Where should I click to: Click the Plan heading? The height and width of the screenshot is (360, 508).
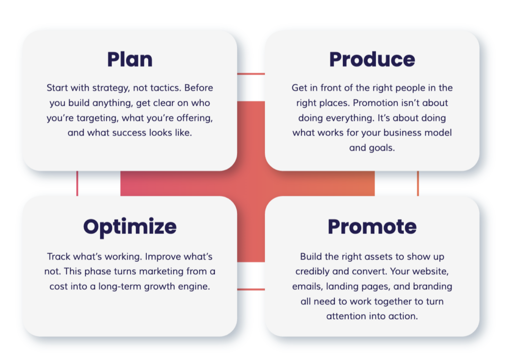point(130,60)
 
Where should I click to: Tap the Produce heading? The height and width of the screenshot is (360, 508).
point(372,60)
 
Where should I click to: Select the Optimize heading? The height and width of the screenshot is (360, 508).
point(130,227)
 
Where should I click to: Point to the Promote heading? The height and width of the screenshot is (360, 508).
point(372,227)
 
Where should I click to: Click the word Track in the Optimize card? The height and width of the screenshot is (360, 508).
point(59,257)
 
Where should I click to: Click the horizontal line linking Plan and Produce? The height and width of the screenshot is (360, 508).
point(251,74)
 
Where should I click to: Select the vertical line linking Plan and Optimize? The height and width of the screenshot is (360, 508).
point(77,184)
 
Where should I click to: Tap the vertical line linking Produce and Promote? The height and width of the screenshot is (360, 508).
point(418,184)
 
